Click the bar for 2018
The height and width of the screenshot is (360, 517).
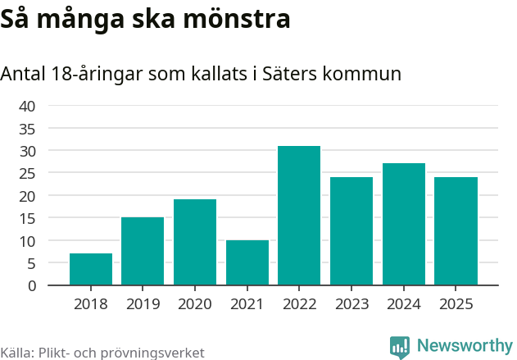(x=91, y=270)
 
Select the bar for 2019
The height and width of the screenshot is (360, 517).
(x=143, y=252)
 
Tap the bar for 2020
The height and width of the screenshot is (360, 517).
(x=195, y=243)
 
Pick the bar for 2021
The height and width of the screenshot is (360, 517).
(x=247, y=263)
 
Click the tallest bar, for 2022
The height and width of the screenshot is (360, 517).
(x=299, y=216)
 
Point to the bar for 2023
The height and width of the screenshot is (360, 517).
(x=351, y=231)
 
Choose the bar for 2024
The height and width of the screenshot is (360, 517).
(x=404, y=225)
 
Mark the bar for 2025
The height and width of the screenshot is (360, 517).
(x=456, y=231)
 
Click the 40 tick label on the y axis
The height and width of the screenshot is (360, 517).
(x=27, y=106)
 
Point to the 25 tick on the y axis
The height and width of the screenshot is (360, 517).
(x=27, y=173)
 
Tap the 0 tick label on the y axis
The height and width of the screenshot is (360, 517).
(x=32, y=285)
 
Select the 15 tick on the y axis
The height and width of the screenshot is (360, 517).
(x=27, y=218)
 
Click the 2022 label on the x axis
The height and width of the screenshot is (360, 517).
(x=299, y=304)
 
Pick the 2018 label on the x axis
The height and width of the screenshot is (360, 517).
(x=91, y=304)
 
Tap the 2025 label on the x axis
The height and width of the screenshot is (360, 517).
(x=456, y=304)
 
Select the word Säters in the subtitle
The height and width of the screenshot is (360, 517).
(x=291, y=74)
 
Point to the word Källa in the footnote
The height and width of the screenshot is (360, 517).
(x=16, y=353)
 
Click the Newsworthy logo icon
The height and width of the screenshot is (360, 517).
(x=400, y=347)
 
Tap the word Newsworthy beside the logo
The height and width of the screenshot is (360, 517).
(x=465, y=346)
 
